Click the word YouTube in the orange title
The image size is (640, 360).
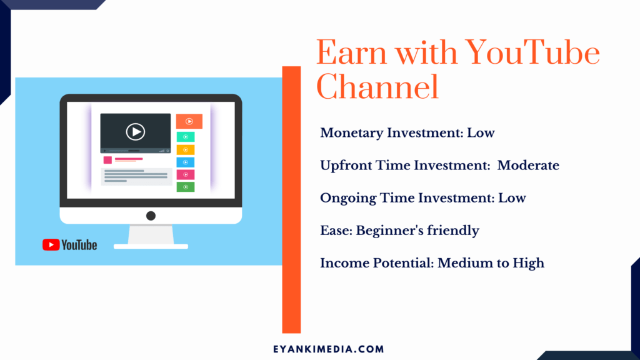point(532,53)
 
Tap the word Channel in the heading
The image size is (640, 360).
point(377,86)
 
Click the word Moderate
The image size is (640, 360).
point(528,165)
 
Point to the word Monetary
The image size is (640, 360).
point(351,133)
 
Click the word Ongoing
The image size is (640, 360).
point(347,198)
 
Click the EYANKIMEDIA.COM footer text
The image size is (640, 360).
point(329,349)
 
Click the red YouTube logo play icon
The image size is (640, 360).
point(51,245)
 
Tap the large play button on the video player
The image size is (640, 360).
point(136,132)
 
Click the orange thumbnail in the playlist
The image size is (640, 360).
point(189,121)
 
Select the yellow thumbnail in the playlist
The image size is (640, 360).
point(185,150)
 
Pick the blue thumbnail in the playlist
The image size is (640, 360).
point(185,162)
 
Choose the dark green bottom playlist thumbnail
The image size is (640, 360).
point(185,187)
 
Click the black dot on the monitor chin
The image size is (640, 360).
point(151,216)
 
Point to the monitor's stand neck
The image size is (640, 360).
point(151,235)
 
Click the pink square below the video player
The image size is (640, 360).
point(107,160)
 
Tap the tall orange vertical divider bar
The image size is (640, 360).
point(291,199)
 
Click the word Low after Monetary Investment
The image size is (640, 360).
point(481,133)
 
